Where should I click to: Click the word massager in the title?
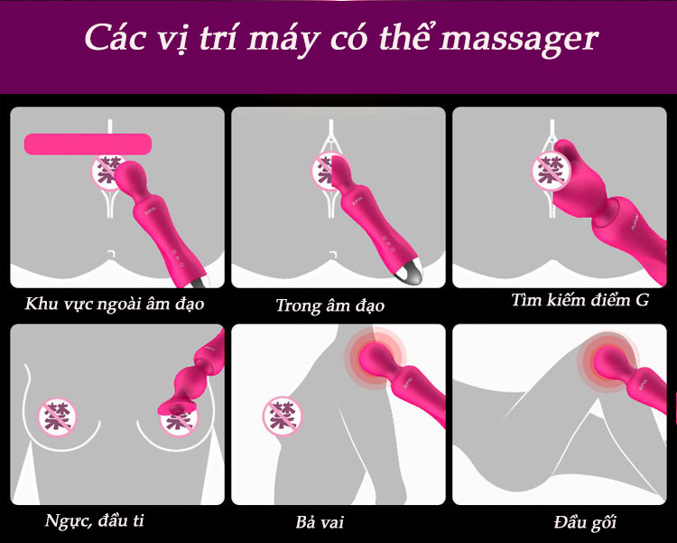coord(518,40)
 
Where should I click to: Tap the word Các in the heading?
coord(114,37)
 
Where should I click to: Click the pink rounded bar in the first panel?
coord(88,144)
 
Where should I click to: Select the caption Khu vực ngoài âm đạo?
coord(115,304)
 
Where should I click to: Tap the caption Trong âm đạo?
coord(329,305)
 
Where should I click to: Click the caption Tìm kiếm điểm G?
coord(580,300)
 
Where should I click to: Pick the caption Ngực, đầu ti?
coord(94,520)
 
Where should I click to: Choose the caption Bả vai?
coord(320,522)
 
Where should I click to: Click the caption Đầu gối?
coord(585,522)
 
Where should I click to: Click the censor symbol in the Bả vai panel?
coord(283,417)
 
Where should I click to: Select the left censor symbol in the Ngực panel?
coord(58,417)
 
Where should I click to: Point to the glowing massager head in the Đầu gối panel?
coord(609,362)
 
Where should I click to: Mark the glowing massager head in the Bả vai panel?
coord(375,357)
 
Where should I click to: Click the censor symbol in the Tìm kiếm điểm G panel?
coord(551,172)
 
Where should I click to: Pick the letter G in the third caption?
coord(642,300)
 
